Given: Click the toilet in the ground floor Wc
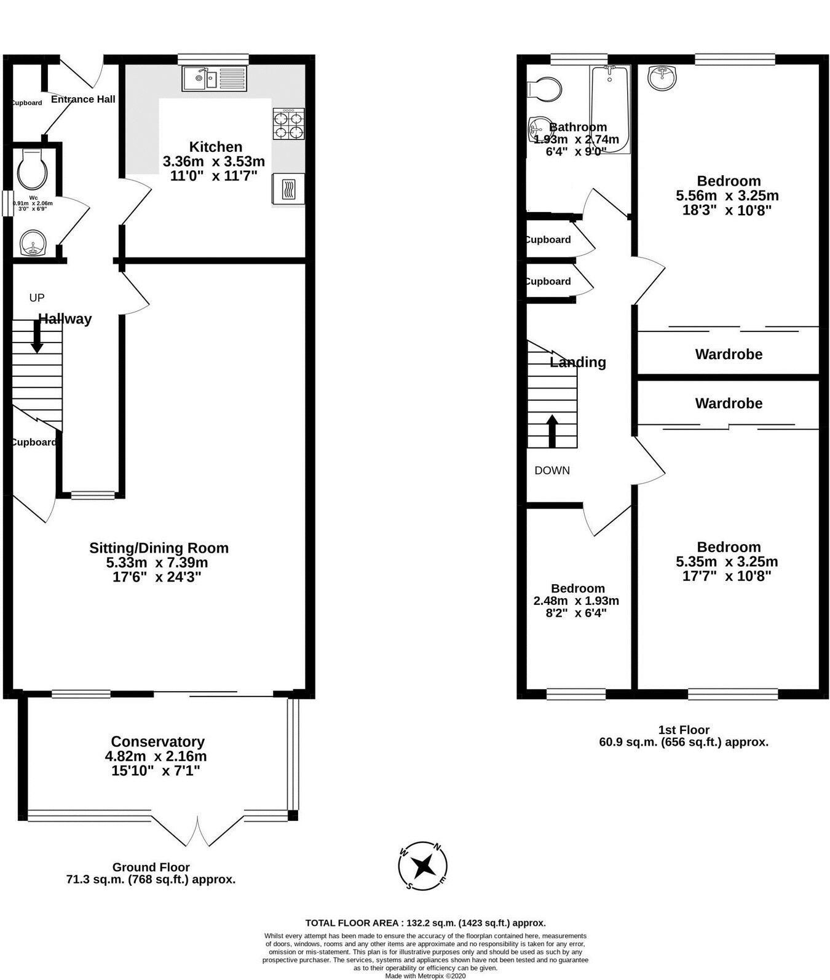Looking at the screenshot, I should coord(33,169).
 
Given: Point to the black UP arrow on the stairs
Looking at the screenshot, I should coord(37,337).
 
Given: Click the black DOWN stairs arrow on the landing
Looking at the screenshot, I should coord(552,430).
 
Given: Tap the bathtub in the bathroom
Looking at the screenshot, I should coord(610,109).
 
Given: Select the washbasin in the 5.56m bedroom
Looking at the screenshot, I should coord(662,77).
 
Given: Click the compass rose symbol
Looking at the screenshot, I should coord(423,866).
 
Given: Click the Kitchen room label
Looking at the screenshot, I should coord(215,147).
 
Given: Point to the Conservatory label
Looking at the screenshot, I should coord(157,741).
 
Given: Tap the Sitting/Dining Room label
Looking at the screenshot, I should coord(159,548).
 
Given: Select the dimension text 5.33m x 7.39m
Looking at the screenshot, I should coord(157,563).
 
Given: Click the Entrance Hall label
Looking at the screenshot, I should coord(83,100).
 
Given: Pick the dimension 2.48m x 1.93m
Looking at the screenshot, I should coord(576,601).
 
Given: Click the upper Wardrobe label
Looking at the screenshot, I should coord(729,354).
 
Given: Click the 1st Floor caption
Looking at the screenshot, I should coord(684,730).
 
